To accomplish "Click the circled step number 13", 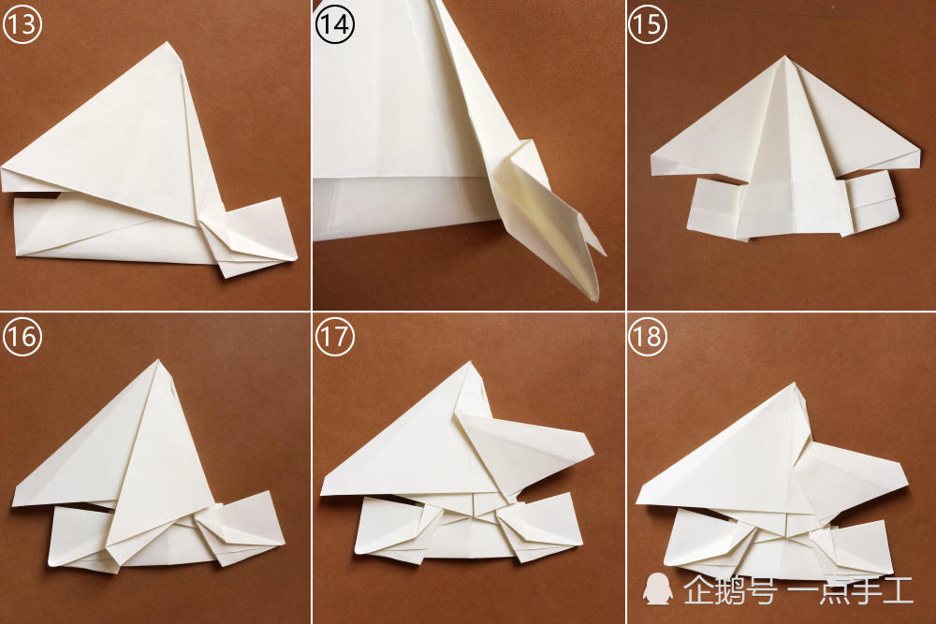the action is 22,24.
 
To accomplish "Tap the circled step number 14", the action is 335,24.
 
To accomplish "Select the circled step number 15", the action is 648,24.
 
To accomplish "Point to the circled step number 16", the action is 22,337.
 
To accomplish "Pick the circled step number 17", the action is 335,337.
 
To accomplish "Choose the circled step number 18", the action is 648,337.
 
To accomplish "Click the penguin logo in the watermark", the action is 658,588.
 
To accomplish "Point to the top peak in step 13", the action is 168,42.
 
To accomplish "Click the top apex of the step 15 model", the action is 785,57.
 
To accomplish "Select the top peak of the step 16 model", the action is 158,360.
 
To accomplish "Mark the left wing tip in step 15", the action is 651,156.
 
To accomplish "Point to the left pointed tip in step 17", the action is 321,494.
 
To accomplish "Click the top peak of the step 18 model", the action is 794,384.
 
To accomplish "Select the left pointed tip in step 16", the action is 13,504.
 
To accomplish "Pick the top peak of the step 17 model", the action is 471,362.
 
